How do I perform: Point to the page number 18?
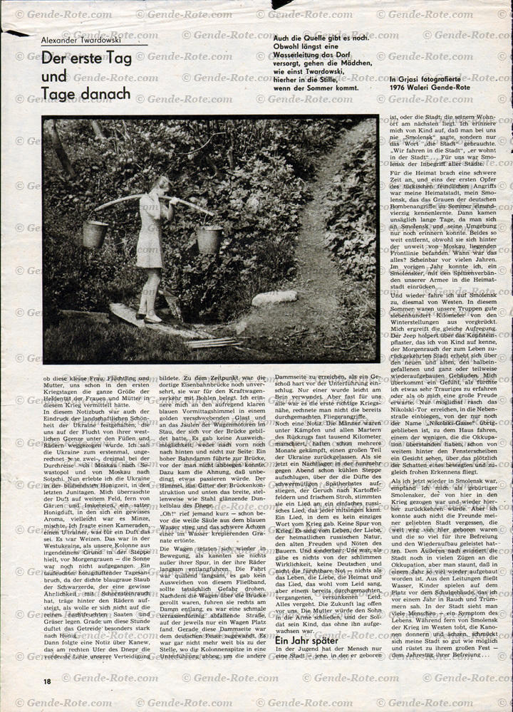point(46,681)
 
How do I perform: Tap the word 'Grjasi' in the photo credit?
point(408,78)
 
